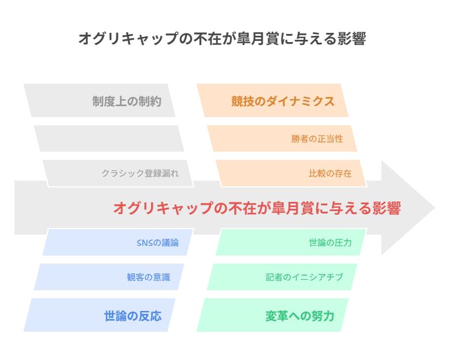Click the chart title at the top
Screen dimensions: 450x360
pyautogui.click(x=222, y=39)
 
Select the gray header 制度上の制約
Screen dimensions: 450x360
pyautogui.click(x=126, y=102)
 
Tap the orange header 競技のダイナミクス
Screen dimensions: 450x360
pyautogui.click(x=283, y=102)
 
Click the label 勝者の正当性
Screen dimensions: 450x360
pyautogui.click(x=317, y=138)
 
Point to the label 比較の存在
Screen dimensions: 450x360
pyautogui.click(x=330, y=174)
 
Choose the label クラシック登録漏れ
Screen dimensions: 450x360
pyautogui.click(x=140, y=174)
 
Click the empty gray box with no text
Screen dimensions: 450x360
pyautogui.click(x=109, y=138)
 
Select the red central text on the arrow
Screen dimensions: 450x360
pyautogui.click(x=257, y=208)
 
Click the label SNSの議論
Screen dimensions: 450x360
pyautogui.click(x=157, y=242)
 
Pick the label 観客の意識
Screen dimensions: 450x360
pyautogui.click(x=149, y=277)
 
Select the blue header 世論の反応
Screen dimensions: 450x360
pyautogui.click(x=133, y=316)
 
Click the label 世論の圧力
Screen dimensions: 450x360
pyautogui.click(x=330, y=242)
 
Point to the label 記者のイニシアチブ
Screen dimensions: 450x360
pyautogui.click(x=304, y=277)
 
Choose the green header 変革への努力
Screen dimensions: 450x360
pyautogui.click(x=300, y=316)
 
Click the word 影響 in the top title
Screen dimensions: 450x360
pyautogui.click(x=352, y=39)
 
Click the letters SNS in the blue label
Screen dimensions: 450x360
pyautogui.click(x=144, y=243)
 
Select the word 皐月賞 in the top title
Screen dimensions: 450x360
pyautogui.click(x=258, y=39)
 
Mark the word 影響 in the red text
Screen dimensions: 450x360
pyautogui.click(x=387, y=208)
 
